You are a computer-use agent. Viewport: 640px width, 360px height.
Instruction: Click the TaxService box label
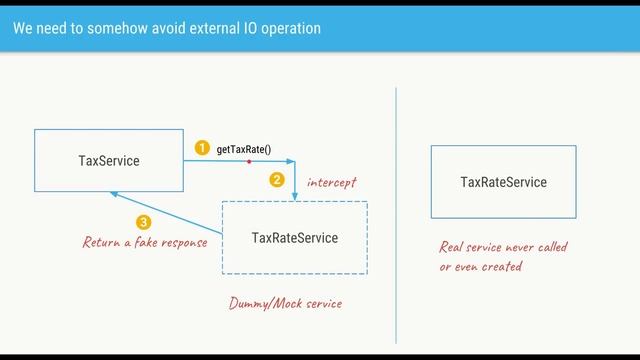click(109, 160)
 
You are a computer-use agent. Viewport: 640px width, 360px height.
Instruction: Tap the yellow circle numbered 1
click(201, 149)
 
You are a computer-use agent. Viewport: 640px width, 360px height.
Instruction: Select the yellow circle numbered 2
click(278, 181)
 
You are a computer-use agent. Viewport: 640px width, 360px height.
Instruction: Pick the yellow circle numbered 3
click(144, 223)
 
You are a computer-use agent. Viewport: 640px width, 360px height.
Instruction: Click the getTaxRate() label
click(244, 150)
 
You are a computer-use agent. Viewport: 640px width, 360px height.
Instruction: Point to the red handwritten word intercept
click(331, 182)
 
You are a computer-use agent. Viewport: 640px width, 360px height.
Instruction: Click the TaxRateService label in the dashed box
click(295, 238)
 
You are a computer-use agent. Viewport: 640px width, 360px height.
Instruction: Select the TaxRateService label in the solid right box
click(503, 182)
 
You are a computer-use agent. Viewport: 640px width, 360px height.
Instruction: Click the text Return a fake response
click(145, 242)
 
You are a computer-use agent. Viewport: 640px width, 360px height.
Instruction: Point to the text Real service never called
click(504, 247)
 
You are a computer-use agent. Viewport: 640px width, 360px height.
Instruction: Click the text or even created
click(481, 267)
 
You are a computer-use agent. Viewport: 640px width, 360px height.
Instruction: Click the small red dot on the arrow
click(248, 160)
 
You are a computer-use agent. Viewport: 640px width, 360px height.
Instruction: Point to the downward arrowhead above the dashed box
click(295, 198)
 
